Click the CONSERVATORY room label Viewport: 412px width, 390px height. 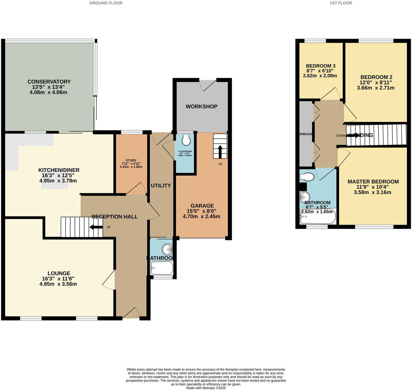(x=49, y=82)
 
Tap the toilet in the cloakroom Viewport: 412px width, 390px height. (x=186, y=140)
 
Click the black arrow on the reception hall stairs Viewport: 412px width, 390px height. (x=96, y=227)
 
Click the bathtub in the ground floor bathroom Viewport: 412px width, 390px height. (x=162, y=268)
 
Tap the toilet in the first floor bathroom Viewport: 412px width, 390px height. (x=307, y=177)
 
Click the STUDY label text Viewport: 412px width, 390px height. (x=131, y=160)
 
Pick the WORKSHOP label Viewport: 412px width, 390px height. (x=202, y=107)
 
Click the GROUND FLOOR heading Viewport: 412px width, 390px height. (x=106, y=3)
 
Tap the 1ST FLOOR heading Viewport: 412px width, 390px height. (x=341, y=3)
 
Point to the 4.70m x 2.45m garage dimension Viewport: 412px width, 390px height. (x=202, y=216)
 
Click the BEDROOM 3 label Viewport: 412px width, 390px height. (x=321, y=66)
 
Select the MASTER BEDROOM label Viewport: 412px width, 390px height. (x=373, y=182)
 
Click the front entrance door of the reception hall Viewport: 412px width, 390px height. (x=131, y=314)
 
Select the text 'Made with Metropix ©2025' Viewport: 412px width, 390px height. (x=206, y=388)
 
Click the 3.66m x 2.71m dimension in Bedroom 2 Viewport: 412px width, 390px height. (x=376, y=88)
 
